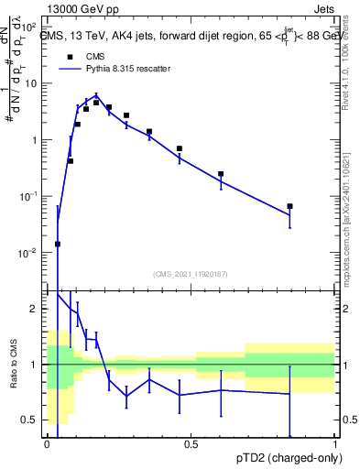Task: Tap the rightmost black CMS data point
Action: tap(289, 206)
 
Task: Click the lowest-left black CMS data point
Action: tap(58, 244)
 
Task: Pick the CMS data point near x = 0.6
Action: tap(221, 173)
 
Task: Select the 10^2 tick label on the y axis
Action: tap(29, 27)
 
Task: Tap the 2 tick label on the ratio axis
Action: tap(37, 309)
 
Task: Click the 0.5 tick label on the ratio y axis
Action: tap(32, 420)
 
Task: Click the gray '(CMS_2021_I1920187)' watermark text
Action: tap(191, 273)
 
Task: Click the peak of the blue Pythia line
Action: tap(96, 94)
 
